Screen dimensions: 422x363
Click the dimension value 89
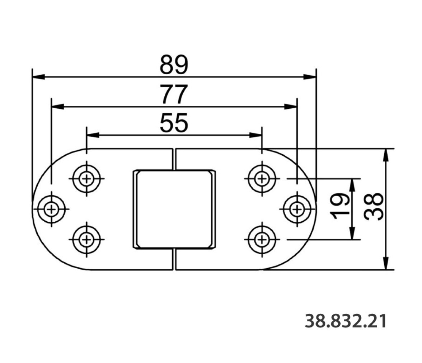pos(174,65)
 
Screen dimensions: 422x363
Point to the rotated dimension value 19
pos(340,206)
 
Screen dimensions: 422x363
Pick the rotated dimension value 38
pos(374,207)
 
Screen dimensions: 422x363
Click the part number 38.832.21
pos(346,321)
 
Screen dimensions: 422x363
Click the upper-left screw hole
pos(86,178)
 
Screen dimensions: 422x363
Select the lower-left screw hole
pos(86,239)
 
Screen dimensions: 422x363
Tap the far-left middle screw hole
pos(51,209)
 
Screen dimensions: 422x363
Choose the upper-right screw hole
pos(262,178)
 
